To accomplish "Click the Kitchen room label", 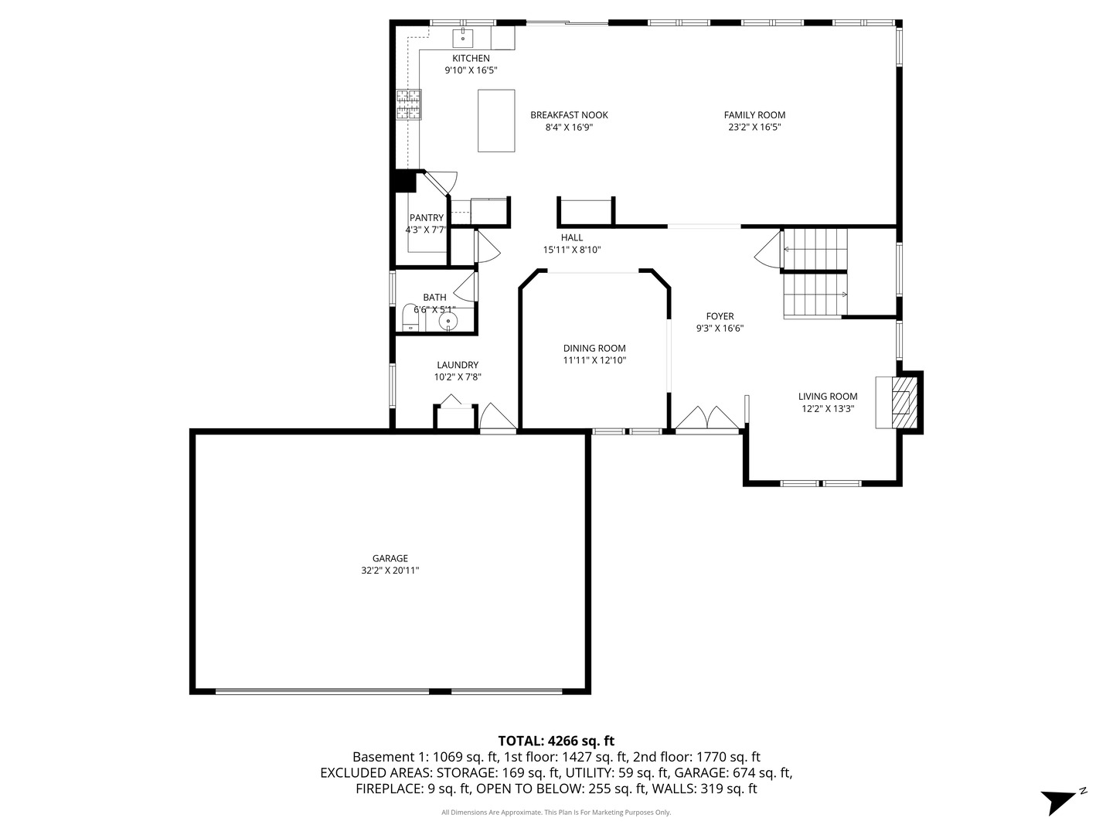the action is click(471, 58).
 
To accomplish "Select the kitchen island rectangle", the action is click(496, 121).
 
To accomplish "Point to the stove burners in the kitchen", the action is click(408, 104).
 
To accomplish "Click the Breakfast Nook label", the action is click(569, 115).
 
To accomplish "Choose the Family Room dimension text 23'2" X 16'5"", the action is click(754, 128).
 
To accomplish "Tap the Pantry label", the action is click(426, 217).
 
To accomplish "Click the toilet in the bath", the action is click(410, 317).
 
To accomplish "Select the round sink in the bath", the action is click(448, 321).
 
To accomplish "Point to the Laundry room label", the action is click(458, 364).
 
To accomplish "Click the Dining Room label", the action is click(594, 348).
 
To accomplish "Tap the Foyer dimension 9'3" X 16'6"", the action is click(720, 328).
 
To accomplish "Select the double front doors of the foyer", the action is click(707, 419).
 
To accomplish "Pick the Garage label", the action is click(390, 558).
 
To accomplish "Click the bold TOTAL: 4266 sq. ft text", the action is click(556, 741).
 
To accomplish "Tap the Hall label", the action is click(571, 237).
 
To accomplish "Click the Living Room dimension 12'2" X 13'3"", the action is click(828, 409).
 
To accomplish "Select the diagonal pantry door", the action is click(437, 183).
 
